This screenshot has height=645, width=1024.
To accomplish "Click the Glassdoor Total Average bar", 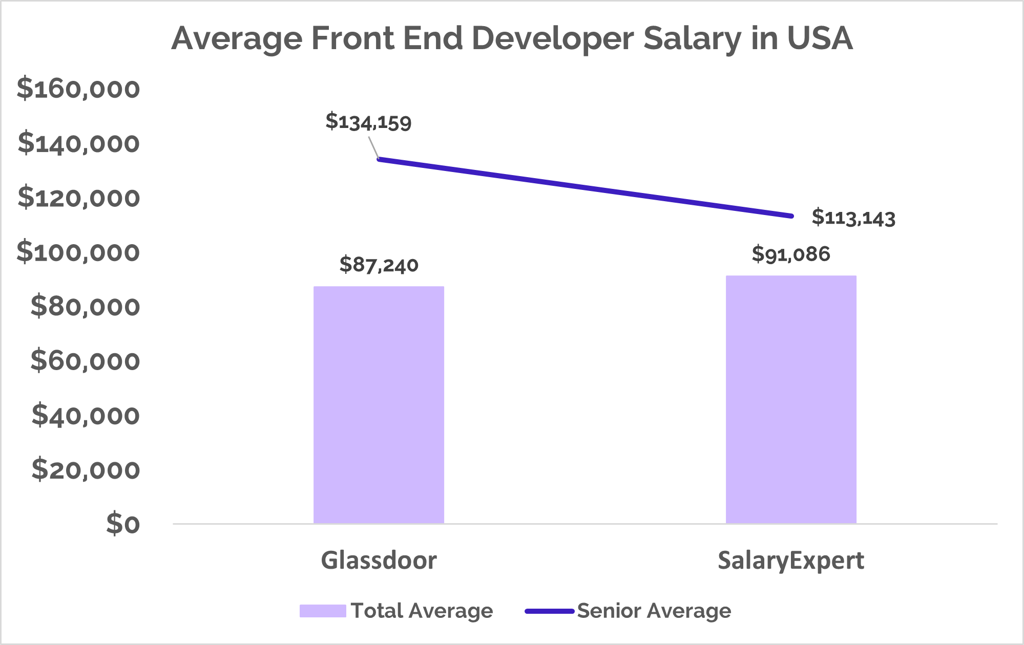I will [379, 404].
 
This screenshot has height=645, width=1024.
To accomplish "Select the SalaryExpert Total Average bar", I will [791, 399].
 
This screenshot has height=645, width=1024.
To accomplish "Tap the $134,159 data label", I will [368, 122].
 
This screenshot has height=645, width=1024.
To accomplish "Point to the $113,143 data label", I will [853, 218].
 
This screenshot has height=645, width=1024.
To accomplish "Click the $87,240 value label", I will [379, 265].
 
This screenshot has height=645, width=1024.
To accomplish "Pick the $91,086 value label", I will [791, 254].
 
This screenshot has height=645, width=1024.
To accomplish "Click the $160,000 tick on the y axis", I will [78, 89].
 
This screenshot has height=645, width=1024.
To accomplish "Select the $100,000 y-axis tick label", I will [78, 252].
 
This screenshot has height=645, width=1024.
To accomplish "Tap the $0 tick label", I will [123, 524].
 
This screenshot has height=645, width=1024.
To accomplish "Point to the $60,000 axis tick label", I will [85, 361].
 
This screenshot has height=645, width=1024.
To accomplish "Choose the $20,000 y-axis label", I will [86, 469].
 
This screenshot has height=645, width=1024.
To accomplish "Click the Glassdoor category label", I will [379, 560].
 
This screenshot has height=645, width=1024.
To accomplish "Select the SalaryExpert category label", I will [790, 560].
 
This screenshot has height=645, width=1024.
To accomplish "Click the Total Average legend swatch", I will [323, 611].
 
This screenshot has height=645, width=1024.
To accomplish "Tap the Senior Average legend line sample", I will [549, 611].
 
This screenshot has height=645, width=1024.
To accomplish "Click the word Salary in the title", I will [692, 38].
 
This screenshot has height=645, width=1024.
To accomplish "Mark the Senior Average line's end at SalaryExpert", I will [791, 216].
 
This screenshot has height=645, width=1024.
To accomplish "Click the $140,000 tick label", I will [78, 143].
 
